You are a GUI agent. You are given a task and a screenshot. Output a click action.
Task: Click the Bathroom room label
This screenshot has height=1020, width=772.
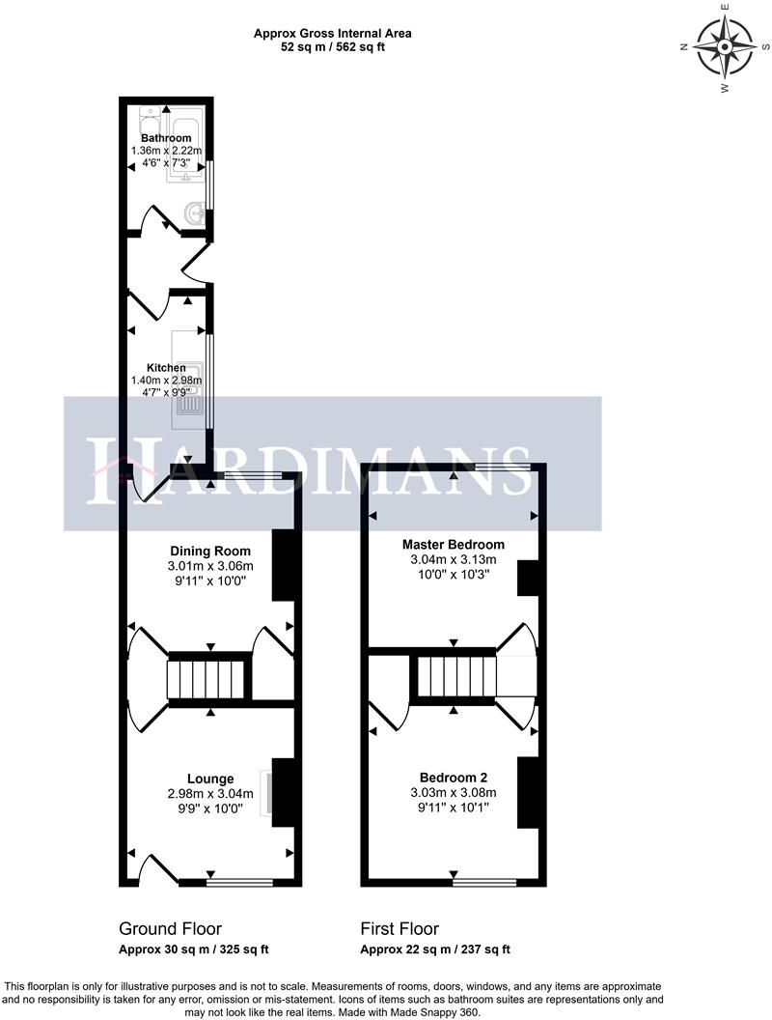point(166,138)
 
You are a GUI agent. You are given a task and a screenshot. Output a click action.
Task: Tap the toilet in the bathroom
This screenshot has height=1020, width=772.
point(149,124)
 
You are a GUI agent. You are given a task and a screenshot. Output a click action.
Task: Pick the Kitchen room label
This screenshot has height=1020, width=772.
point(166,368)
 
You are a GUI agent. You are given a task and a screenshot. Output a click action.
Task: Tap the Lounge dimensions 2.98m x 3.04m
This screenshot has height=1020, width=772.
point(209,794)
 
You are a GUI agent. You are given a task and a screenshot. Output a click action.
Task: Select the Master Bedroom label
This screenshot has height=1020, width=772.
point(453,544)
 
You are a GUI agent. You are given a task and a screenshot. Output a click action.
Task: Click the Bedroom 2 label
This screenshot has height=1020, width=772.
point(453,778)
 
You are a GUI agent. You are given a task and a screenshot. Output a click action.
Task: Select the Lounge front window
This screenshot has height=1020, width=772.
point(239,881)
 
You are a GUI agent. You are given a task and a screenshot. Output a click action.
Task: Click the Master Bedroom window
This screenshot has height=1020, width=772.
point(504,467)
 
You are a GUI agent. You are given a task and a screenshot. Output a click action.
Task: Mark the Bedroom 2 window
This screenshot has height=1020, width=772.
point(483,881)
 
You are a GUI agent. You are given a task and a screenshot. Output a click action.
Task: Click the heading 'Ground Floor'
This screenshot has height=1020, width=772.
point(170,929)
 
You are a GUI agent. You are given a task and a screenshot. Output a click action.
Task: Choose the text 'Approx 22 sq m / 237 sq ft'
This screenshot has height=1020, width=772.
point(435,949)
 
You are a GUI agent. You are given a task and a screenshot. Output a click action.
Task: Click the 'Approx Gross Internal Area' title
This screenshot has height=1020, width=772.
point(333,33)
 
